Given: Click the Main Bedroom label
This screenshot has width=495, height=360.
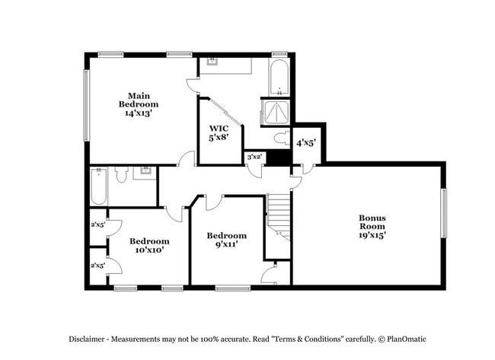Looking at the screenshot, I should tap(138, 100).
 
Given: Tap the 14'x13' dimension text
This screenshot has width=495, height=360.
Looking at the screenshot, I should tap(138, 113).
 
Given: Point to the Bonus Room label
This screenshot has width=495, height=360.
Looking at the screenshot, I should tap(373, 222).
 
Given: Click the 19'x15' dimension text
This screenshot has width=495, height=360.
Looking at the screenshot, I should tap(373, 235).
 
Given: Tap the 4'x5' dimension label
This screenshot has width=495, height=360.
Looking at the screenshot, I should tap(306, 142).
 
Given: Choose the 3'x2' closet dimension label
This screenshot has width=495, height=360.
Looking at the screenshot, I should tap(254, 157).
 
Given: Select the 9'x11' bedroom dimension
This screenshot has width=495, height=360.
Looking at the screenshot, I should tap(227, 245).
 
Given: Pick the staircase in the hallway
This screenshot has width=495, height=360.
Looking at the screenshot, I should tap(279, 217).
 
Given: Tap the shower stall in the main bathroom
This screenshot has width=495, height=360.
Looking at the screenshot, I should tap(275, 113).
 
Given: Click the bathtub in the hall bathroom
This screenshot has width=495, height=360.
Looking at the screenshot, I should tap(99, 187).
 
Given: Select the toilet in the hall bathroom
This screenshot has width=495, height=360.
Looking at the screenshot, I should tap(120, 175).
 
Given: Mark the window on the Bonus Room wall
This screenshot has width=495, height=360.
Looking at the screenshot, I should tap(444, 212).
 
